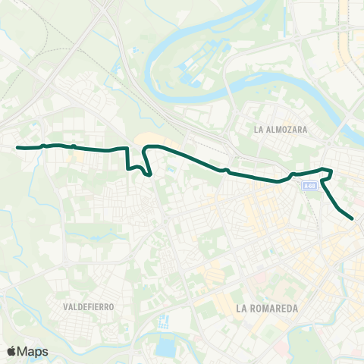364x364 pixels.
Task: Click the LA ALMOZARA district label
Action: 281,130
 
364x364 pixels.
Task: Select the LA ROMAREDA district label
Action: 268,309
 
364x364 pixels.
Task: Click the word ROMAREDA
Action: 273,309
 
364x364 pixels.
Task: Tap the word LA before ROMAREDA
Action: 242,309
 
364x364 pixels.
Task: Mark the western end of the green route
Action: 18,147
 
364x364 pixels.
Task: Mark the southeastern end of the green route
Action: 353,219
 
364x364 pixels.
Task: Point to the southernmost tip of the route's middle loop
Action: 150,175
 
